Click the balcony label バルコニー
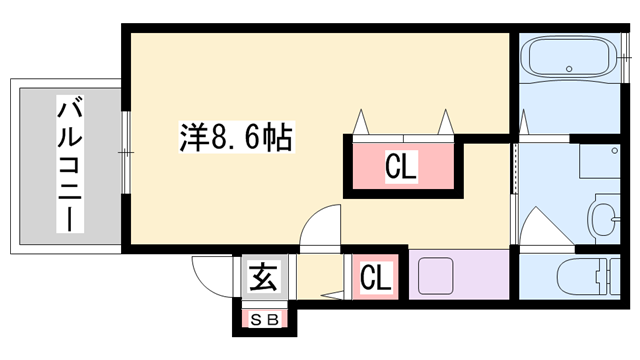(x=68, y=165)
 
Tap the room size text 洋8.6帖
(x=236, y=136)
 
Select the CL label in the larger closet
(x=401, y=166)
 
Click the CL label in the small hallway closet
(x=375, y=276)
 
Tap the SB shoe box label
(x=263, y=320)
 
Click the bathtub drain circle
(x=570, y=70)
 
